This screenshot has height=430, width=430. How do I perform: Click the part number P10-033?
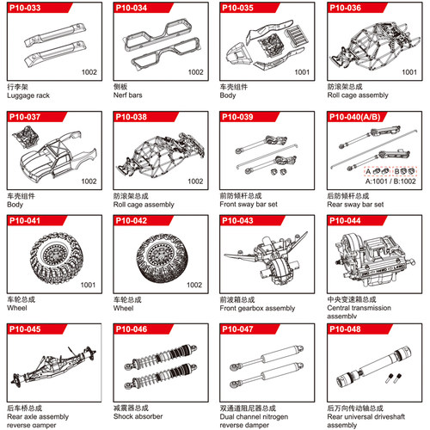point(25,8)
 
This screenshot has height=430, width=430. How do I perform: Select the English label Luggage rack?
point(28,95)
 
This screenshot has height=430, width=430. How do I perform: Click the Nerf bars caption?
point(127,95)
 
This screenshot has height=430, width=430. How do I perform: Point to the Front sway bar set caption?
point(249,205)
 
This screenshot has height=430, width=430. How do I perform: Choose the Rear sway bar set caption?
point(355,205)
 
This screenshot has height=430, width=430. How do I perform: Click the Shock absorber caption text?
point(138,416)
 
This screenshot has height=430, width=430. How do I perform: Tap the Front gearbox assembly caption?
point(257,308)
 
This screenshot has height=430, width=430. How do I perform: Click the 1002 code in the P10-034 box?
point(195,72)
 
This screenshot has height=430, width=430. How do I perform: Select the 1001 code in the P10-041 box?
point(88,285)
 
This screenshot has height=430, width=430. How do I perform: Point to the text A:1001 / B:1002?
point(390,181)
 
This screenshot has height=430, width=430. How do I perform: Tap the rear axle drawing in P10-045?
point(53,365)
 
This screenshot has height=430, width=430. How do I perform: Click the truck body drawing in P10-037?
point(59,155)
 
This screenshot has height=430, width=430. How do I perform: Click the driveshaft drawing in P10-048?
point(374,367)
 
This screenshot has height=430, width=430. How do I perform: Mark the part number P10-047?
point(237,329)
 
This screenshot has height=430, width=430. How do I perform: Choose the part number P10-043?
point(237,220)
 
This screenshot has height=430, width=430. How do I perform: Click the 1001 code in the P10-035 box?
point(302,72)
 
